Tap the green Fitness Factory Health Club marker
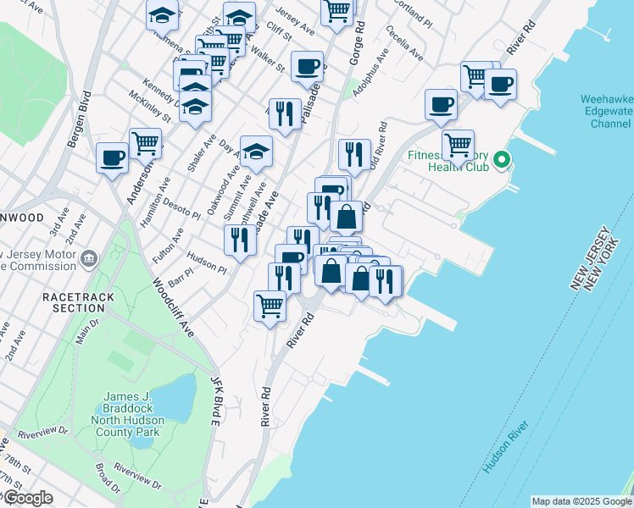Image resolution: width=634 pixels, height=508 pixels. (x=502, y=159)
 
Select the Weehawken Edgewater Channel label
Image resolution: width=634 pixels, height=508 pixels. (x=605, y=112)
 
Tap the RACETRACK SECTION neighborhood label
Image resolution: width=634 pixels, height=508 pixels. (x=75, y=302)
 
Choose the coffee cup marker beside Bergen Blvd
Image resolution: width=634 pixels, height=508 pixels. (x=113, y=158)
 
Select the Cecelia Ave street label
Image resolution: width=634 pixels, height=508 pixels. (x=404, y=42)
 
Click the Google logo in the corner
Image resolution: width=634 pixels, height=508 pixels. (x=27, y=499)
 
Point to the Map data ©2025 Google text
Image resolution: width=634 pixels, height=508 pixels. (x=581, y=501)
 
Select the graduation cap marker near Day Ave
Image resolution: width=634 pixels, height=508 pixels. (x=256, y=152)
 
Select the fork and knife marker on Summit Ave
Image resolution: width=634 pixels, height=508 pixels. (x=241, y=240)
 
